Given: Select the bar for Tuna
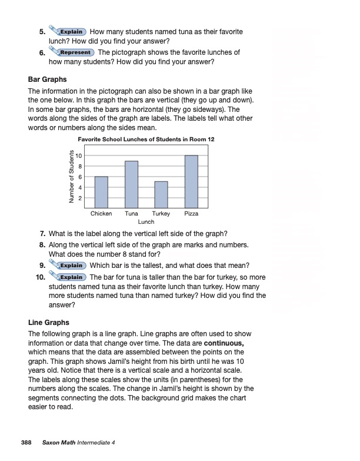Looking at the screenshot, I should tap(132, 184).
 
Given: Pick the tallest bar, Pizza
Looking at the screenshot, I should tap(191, 181).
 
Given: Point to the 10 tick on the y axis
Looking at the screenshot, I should tap(78, 155).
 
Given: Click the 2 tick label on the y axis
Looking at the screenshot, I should tap(79, 198).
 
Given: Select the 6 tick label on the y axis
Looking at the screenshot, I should tap(79, 177).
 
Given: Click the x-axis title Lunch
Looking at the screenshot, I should tap(146, 222).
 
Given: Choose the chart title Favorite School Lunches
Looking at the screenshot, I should tap(146, 139).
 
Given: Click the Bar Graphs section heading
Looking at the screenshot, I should tap(48, 79).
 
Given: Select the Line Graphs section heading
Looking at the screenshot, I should tap(49, 323).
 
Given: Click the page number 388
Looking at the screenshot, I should tap(26, 442).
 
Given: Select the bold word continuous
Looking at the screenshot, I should tap(221, 342).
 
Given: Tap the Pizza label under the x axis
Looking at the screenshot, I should tap(191, 214).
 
